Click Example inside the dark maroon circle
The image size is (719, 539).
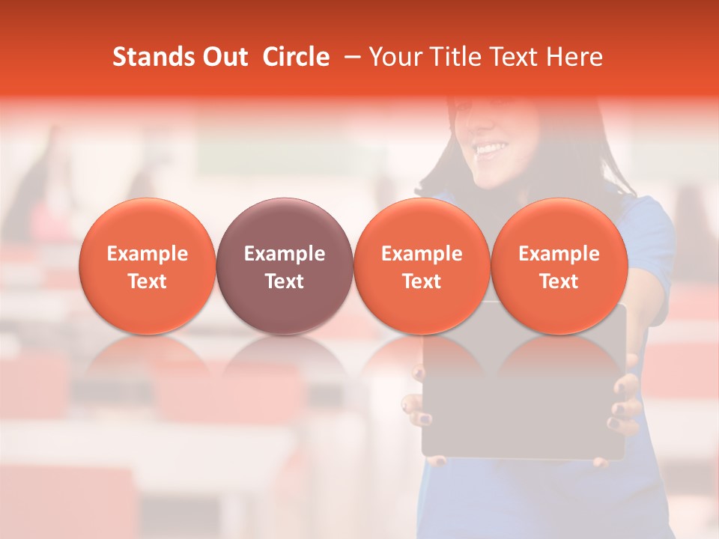pyautogui.click(x=285, y=254)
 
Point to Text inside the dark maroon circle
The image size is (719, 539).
pyautogui.click(x=285, y=281)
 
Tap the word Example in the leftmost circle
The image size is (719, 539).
pyautogui.click(x=148, y=254)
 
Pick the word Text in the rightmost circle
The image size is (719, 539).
pyautogui.click(x=559, y=281)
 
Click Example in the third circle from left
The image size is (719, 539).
pyautogui.click(x=422, y=254)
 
